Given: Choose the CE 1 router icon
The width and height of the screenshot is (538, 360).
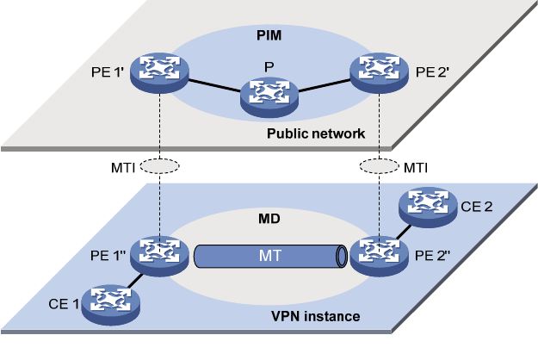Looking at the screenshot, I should tap(111, 302).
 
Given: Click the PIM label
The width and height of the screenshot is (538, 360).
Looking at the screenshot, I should tap(269, 38).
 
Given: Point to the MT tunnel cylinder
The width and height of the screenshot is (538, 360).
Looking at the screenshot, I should tap(269, 256).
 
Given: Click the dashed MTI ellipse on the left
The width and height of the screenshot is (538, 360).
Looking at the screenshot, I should tap(160, 165).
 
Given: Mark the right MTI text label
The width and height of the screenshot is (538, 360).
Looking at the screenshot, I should tap(417, 165).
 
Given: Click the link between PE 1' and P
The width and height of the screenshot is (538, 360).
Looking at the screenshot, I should tap(214, 85).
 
